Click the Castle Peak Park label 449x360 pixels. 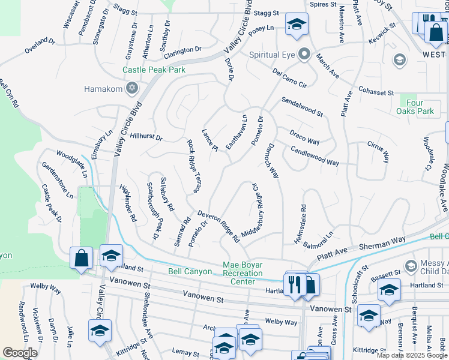[154, 70]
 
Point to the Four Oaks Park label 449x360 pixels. [415, 107]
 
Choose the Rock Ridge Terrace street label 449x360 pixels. [193, 166]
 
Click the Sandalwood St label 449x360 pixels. [302, 108]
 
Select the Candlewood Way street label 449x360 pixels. [315, 156]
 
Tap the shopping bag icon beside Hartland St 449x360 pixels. [81, 258]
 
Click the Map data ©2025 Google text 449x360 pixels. [411, 355]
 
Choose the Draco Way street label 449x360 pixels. [304, 136]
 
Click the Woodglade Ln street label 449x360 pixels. [72, 163]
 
